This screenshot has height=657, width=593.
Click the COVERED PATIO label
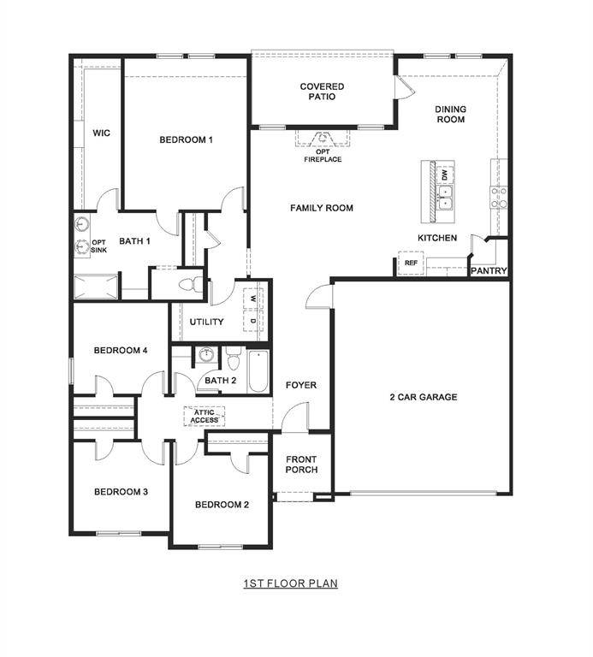click(x=322, y=92)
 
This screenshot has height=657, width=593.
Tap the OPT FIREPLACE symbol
click(x=323, y=138)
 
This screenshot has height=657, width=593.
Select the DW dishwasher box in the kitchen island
click(x=444, y=175)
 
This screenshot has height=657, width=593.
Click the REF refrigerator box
click(x=411, y=263)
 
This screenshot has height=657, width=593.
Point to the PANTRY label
click(x=489, y=271)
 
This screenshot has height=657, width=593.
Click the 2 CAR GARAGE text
click(x=423, y=397)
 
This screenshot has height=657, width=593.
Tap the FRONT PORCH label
click(x=301, y=465)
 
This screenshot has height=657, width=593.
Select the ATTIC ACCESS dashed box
click(x=205, y=416)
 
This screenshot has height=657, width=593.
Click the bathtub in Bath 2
click(x=258, y=370)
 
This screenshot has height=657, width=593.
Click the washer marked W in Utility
click(x=254, y=299)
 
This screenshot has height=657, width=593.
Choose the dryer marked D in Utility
click(x=254, y=321)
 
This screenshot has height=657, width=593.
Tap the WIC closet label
click(x=102, y=133)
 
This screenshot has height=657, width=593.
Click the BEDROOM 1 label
click(x=186, y=139)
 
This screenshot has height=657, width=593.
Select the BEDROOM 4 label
click(x=121, y=350)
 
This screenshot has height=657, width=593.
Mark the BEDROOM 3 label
click(x=121, y=492)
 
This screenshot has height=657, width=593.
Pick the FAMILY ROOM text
click(x=321, y=208)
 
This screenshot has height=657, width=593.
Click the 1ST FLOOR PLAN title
click(x=290, y=583)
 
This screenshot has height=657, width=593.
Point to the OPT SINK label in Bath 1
click(x=99, y=245)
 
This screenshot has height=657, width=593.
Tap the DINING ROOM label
click(x=450, y=114)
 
